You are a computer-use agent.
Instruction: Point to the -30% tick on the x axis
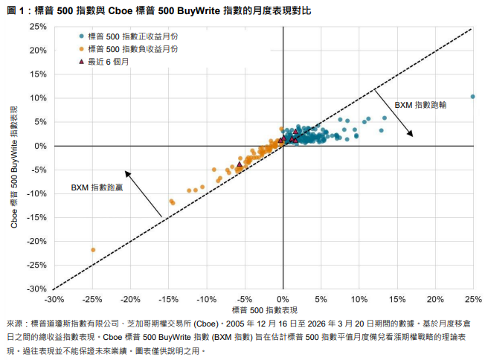click(54, 299)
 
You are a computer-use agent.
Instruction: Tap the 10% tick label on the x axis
click(359, 299)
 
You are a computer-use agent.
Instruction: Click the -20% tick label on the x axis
click(130, 299)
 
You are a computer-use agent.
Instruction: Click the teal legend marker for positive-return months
click(80, 36)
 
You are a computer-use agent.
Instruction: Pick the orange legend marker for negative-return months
click(80, 48)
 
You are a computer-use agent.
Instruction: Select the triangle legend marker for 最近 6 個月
click(80, 61)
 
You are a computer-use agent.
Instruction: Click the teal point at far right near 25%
click(473, 97)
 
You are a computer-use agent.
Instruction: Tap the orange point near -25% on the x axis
click(93, 250)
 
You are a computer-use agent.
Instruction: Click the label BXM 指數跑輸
click(420, 104)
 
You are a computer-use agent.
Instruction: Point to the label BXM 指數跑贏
click(97, 187)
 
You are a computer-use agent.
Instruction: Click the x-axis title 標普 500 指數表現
click(265, 309)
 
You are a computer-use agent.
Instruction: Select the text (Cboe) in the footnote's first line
click(205, 324)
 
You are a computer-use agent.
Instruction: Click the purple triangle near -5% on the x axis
click(240, 164)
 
